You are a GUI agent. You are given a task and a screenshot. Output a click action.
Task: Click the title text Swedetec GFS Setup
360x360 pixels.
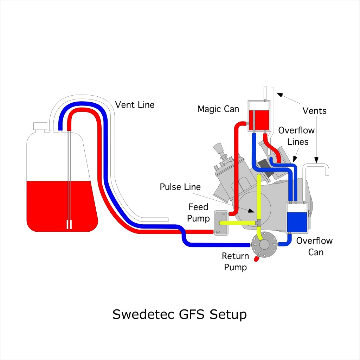(x=179, y=314)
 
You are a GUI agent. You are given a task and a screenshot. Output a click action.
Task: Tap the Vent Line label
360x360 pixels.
(x=135, y=104)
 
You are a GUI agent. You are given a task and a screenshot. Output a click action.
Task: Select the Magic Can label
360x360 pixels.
(x=218, y=109)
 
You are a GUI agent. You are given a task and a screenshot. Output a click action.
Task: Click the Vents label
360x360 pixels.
(x=314, y=111)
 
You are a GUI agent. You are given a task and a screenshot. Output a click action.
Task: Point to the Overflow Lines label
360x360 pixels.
(x=296, y=136)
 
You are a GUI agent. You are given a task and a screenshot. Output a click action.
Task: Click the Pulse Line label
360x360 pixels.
(x=180, y=187)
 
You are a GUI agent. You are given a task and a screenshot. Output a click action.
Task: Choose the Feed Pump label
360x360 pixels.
(x=198, y=213)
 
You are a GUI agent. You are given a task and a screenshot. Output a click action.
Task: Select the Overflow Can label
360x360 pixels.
(x=314, y=246)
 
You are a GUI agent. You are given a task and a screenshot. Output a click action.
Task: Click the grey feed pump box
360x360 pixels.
(x=221, y=223)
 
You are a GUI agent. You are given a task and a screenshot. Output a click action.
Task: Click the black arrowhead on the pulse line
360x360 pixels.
(x=251, y=211)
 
